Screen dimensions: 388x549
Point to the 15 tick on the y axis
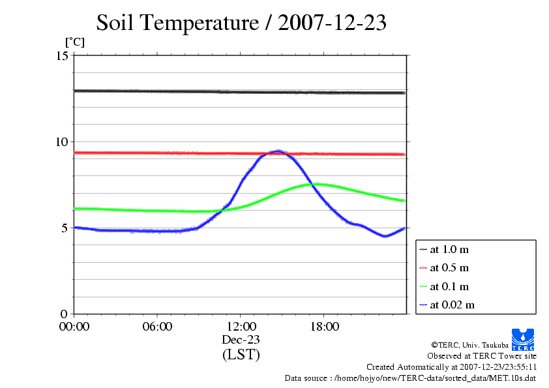coord(63,56)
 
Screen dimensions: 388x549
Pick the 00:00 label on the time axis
coord(74,327)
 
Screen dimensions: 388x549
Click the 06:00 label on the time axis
coord(157,327)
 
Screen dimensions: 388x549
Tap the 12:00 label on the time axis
coord(241,327)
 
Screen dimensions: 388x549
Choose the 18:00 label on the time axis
coord(324,327)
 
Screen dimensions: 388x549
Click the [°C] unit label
coord(74,42)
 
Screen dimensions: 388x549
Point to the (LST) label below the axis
coord(241,355)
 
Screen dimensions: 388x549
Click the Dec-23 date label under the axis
coord(241,340)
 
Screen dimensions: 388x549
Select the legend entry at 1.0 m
coord(449,250)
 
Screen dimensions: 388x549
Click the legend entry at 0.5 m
coord(449,268)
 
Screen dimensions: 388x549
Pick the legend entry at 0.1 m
coord(449,286)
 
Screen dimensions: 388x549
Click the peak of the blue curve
coord(279,151)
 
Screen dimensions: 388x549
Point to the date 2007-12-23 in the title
coord(333,23)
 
